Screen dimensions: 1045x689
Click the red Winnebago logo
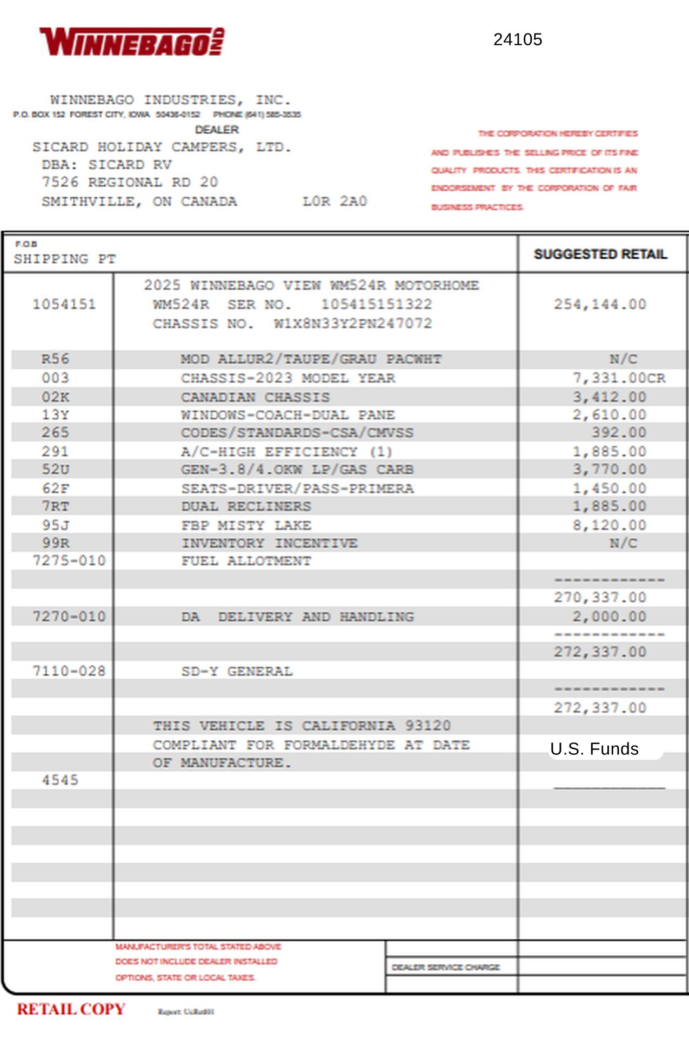[x=132, y=42]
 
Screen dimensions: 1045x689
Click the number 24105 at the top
[x=517, y=39]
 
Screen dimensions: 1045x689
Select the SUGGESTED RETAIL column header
[x=600, y=254]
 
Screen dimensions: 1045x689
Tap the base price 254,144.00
[x=600, y=304]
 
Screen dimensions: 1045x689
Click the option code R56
[x=55, y=359]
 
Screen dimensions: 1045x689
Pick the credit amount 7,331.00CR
[x=619, y=378]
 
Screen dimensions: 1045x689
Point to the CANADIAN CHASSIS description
[x=255, y=397]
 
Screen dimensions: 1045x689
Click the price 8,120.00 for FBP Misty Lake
[x=609, y=525]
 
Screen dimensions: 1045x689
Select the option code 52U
[x=55, y=469]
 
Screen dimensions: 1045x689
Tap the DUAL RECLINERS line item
[x=246, y=506]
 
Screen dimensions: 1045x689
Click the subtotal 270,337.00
[x=600, y=597]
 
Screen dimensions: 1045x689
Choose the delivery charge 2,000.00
[x=609, y=617]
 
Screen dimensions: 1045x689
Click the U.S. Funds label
[x=594, y=749]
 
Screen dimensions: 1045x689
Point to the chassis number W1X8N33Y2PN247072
[x=352, y=324]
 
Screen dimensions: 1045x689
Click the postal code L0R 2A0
[x=335, y=201]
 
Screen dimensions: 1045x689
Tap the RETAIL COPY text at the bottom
[x=71, y=1009]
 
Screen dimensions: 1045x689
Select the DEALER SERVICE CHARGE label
[x=446, y=967]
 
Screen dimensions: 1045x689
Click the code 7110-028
[x=69, y=671]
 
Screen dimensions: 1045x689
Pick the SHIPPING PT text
[x=64, y=259]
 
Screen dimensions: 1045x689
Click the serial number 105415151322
[x=376, y=304]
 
